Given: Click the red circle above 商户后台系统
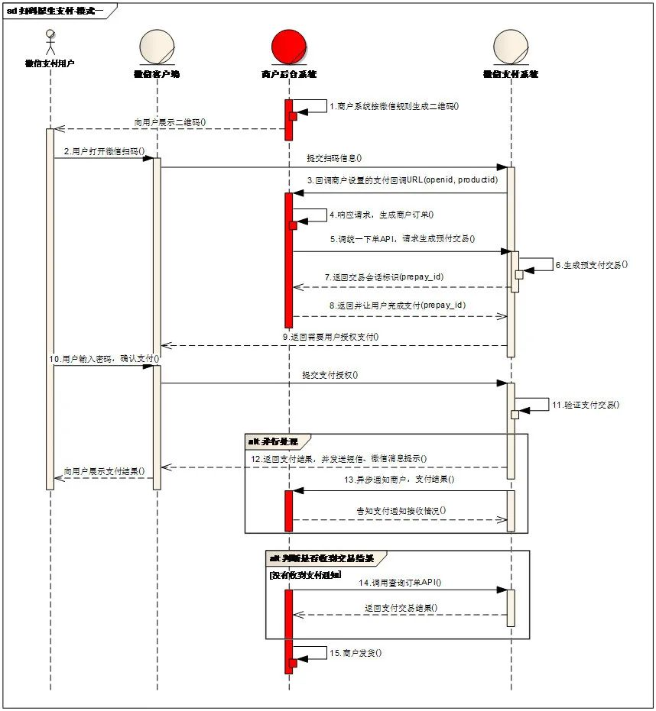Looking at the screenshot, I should point(289,47).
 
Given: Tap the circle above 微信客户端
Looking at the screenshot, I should point(156,47).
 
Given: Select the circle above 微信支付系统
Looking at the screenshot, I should point(510,47).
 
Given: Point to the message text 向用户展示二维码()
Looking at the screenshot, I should point(169,121).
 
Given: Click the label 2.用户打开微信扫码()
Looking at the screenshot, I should point(104,151).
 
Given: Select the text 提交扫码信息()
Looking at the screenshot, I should point(333,159).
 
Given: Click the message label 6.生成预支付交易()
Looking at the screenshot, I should point(591,264).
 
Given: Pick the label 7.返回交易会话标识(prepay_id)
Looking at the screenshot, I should point(384,276).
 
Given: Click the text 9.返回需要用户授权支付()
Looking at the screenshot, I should point(330,336).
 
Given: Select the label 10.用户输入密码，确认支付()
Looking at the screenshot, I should point(104,358).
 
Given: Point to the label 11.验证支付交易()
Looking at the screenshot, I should point(585,405).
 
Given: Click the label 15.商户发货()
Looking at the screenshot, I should point(355,653).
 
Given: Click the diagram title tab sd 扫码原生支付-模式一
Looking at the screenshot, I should point(57,10).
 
